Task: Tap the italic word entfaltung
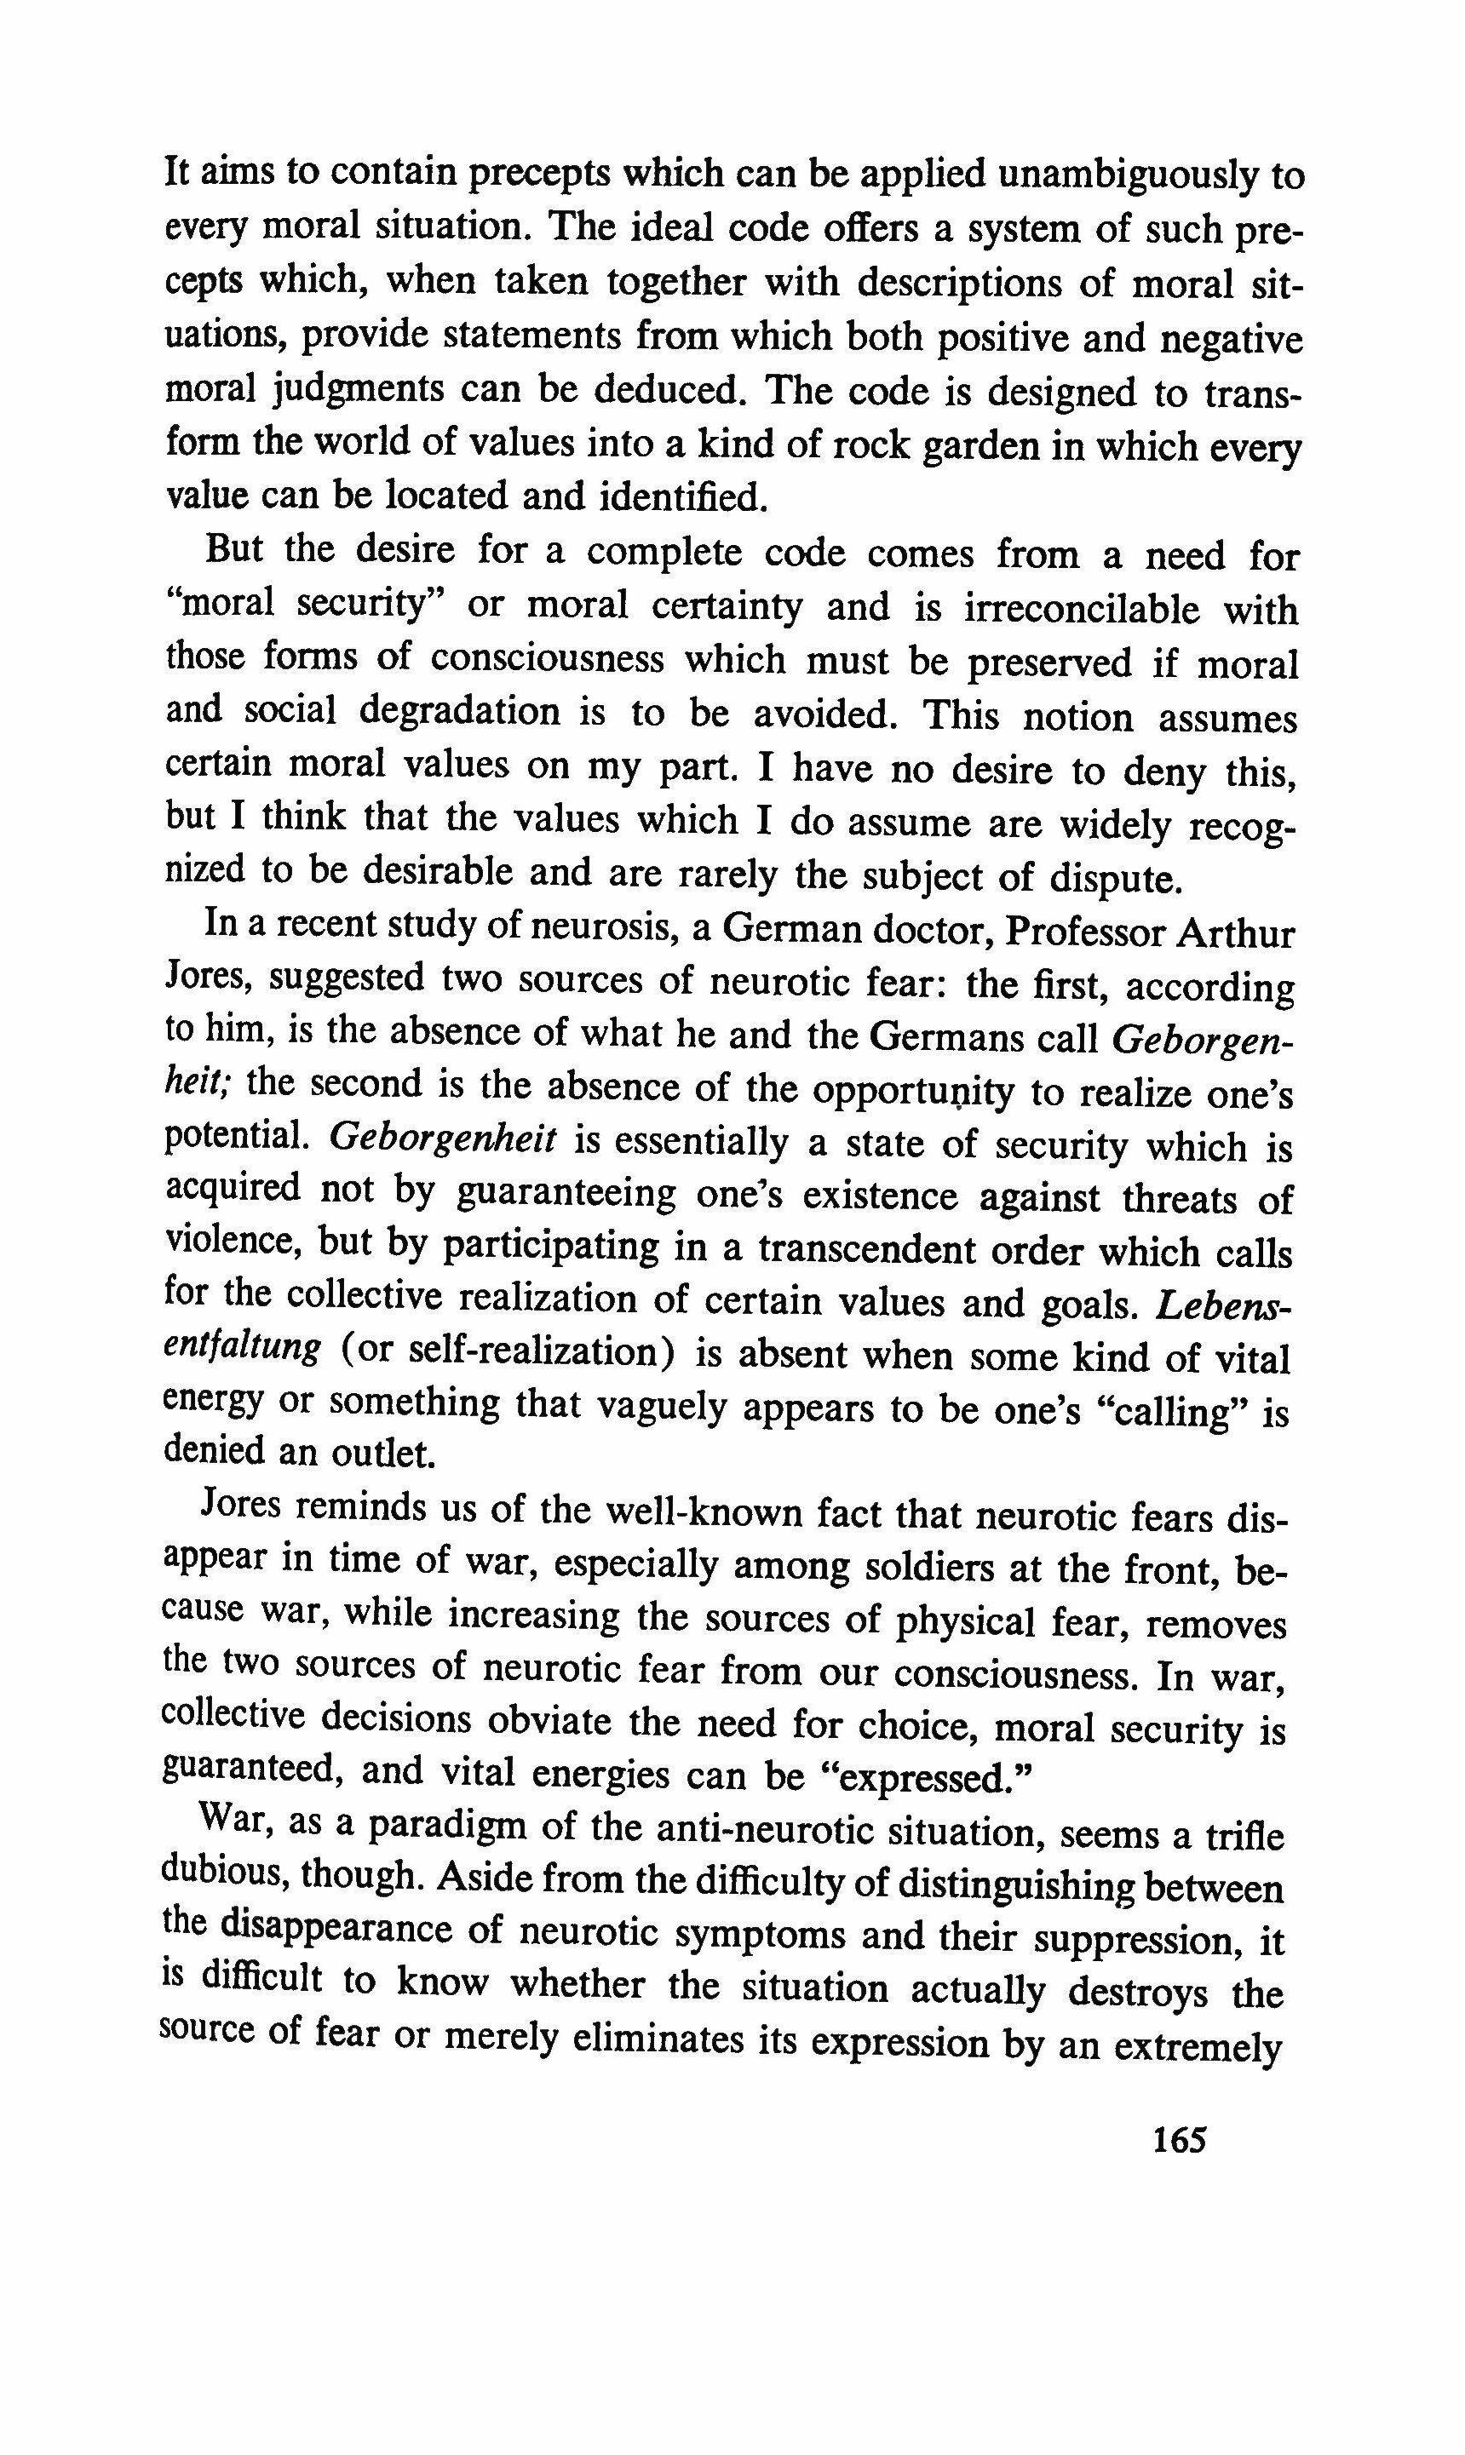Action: tap(241, 1349)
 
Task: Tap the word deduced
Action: tap(669, 391)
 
